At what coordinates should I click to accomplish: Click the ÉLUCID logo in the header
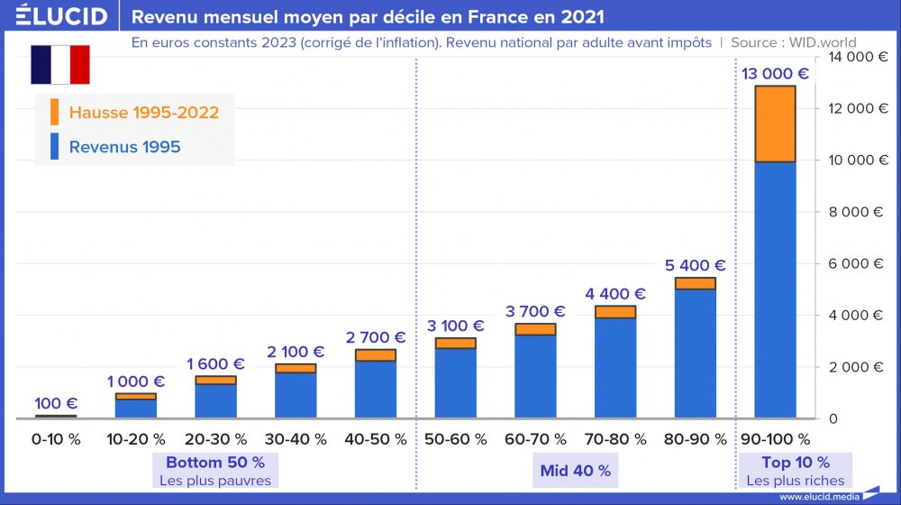tap(61, 16)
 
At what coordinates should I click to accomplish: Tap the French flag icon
tap(60, 64)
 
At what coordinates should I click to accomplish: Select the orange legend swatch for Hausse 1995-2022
tap(55, 112)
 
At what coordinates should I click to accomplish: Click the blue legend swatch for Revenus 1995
tap(55, 146)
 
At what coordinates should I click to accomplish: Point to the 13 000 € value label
tap(775, 73)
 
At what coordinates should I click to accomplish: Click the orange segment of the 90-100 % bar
tap(775, 124)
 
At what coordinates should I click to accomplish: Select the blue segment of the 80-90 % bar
tap(695, 353)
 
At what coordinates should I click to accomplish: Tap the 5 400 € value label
tap(695, 265)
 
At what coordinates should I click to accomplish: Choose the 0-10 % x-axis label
tap(56, 439)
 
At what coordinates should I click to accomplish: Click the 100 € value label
tap(56, 403)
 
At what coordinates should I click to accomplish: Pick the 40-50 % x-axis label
tap(375, 439)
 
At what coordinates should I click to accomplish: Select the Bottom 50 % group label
tap(215, 463)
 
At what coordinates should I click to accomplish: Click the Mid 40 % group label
tap(575, 470)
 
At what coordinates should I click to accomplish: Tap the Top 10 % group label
tap(775, 463)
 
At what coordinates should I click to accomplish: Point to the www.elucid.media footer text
tap(818, 497)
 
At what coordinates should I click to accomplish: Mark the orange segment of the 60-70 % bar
tap(535, 329)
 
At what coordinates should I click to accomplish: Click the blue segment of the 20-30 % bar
tap(215, 400)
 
